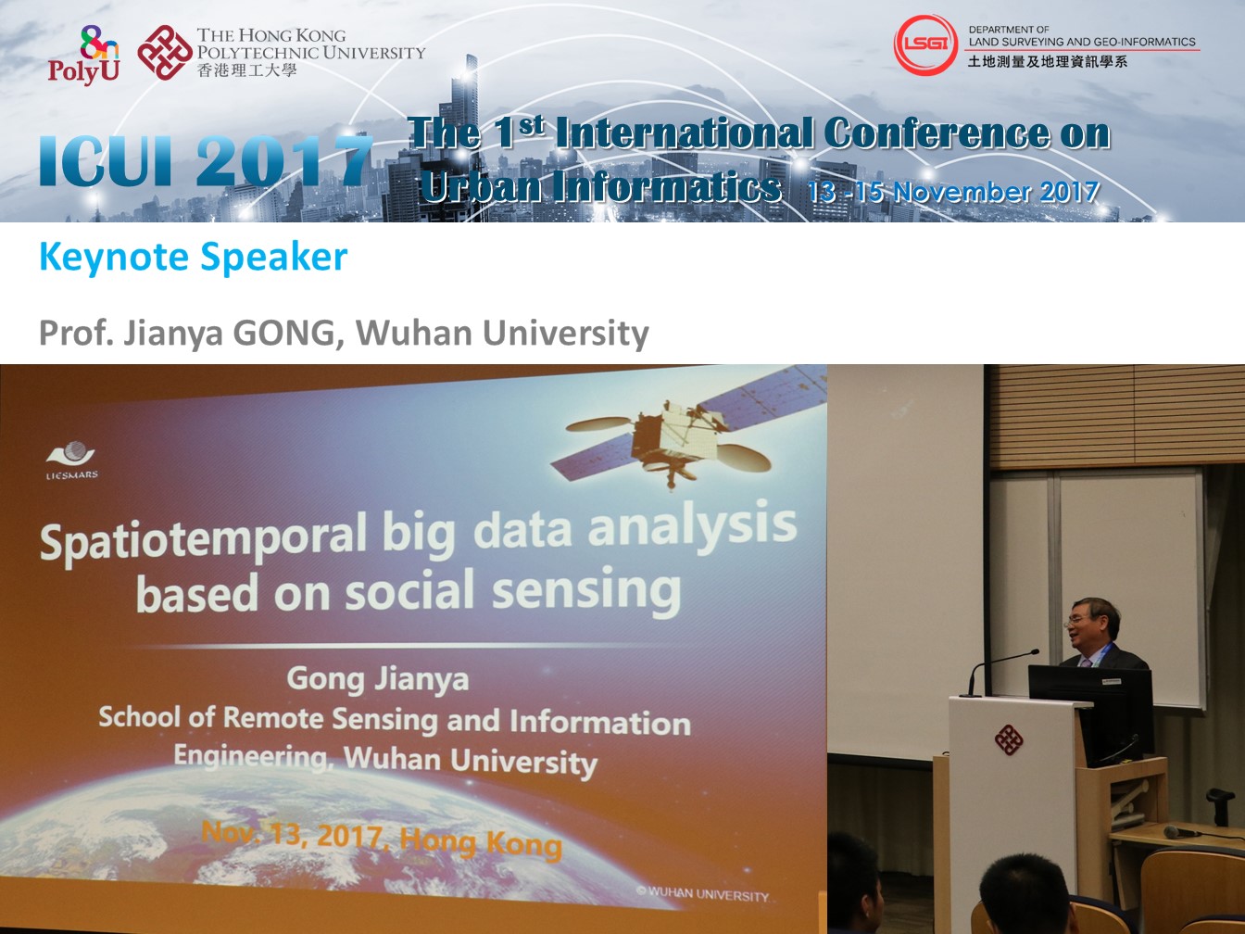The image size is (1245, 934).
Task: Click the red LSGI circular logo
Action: point(925,45)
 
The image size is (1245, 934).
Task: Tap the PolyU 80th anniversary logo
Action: point(84,56)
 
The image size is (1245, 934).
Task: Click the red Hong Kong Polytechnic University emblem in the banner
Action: point(165,52)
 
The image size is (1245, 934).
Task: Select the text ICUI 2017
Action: point(206,160)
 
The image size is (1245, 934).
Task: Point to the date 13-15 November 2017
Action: point(953,192)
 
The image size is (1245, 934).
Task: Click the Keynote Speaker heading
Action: point(193,257)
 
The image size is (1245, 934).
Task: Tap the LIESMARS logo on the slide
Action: point(71,460)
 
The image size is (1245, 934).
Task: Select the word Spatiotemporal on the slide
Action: point(203,540)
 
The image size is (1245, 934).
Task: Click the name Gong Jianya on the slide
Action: point(378,679)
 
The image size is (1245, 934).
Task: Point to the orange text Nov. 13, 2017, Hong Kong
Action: point(382,839)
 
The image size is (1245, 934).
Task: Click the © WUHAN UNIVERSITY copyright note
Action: point(702,893)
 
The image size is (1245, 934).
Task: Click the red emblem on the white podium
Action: point(1009,739)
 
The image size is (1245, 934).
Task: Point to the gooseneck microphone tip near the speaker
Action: point(1035,652)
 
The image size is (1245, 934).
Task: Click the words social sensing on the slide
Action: point(513,590)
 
